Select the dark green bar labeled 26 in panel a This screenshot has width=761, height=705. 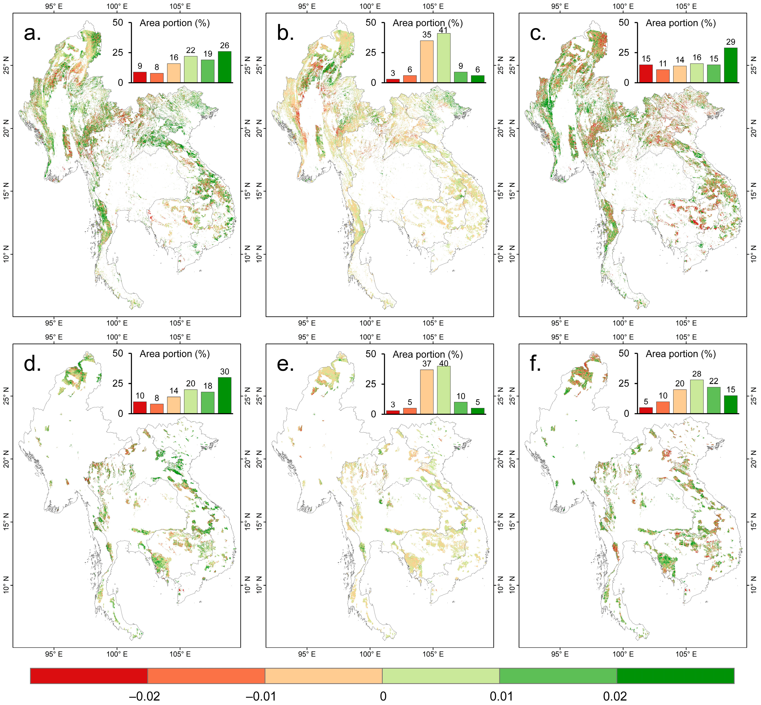(225, 67)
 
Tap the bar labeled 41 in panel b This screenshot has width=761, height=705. (443, 58)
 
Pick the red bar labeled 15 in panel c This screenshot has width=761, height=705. (646, 74)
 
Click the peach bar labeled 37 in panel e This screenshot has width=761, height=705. (427, 392)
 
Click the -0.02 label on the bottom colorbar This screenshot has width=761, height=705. (144, 696)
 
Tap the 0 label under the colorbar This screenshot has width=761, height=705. (383, 696)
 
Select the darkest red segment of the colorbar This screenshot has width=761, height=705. (89, 676)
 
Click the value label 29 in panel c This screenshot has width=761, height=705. (730, 42)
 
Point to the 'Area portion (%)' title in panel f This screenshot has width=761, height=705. (681, 354)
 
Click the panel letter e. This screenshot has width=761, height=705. (285, 365)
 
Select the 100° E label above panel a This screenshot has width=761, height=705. (117, 6)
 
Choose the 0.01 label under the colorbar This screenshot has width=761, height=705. (501, 696)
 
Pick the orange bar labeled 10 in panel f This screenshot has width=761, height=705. (663, 407)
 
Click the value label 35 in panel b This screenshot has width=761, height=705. (427, 35)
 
